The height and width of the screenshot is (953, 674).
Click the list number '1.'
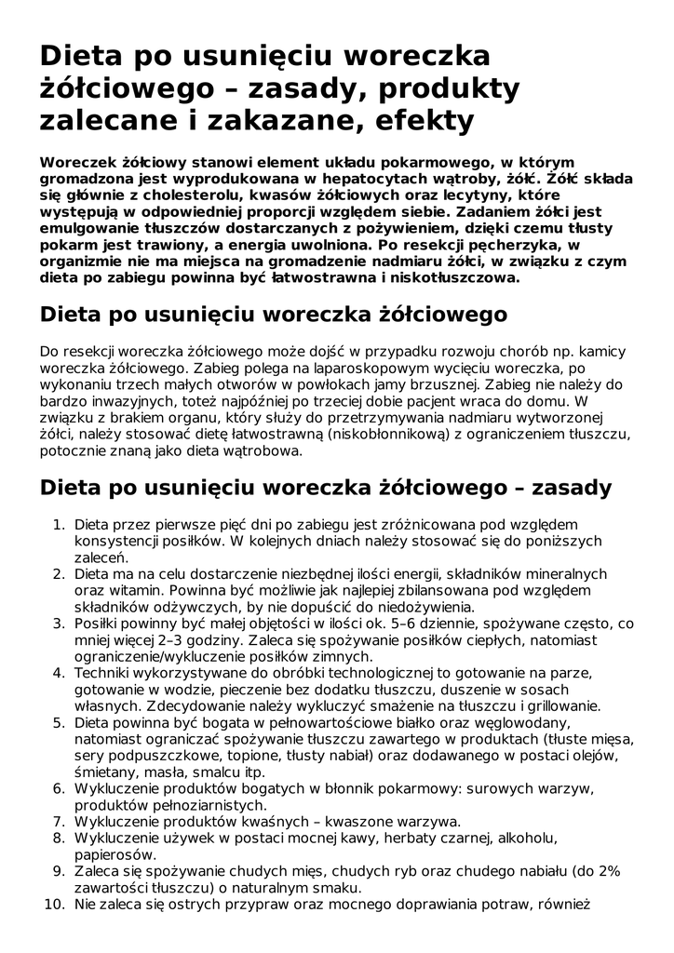click(58, 524)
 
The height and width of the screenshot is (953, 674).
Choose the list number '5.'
click(58, 723)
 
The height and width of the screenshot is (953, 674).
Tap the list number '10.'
click(53, 904)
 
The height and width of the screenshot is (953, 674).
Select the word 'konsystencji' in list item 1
click(115, 541)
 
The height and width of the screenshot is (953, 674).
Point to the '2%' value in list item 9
click(609, 872)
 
